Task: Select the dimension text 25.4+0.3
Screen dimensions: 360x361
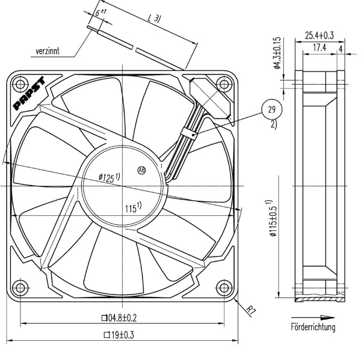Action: [x=319, y=35]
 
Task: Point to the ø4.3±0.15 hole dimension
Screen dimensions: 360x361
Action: [x=277, y=53]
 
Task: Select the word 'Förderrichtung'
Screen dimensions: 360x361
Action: [x=313, y=327]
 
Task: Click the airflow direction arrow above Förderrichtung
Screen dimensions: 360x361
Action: [x=313, y=317]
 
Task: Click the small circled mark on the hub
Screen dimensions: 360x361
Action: [x=143, y=169]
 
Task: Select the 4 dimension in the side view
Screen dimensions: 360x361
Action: [x=341, y=47]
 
